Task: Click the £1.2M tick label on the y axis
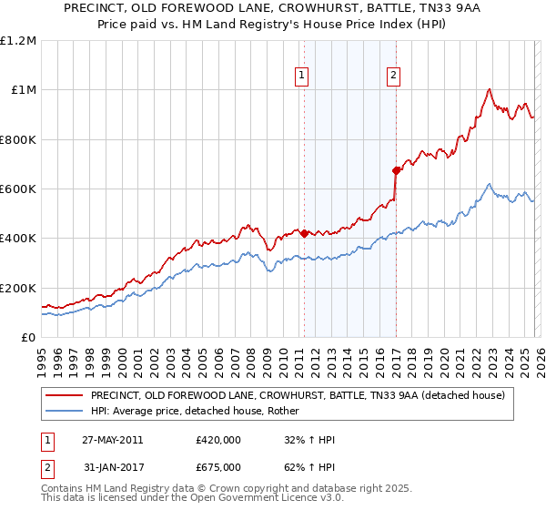coord(18,40)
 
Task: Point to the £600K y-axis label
coord(18,189)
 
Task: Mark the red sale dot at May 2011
coord(304,233)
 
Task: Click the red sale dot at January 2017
coord(396,170)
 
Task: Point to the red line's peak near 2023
coord(490,89)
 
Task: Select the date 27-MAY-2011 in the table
coord(112,440)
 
